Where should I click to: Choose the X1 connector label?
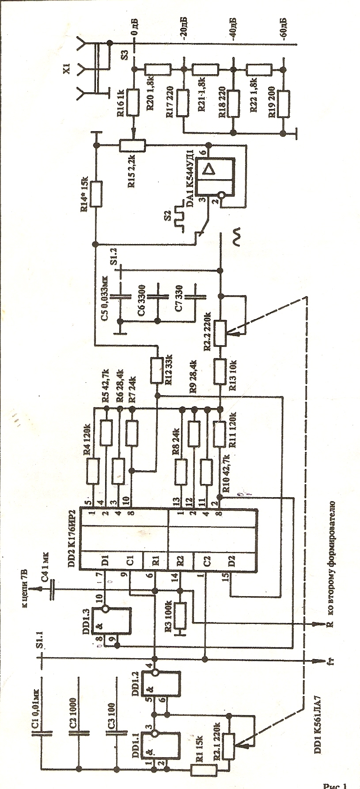coord(67,69)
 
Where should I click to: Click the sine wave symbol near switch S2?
coord(237,237)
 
